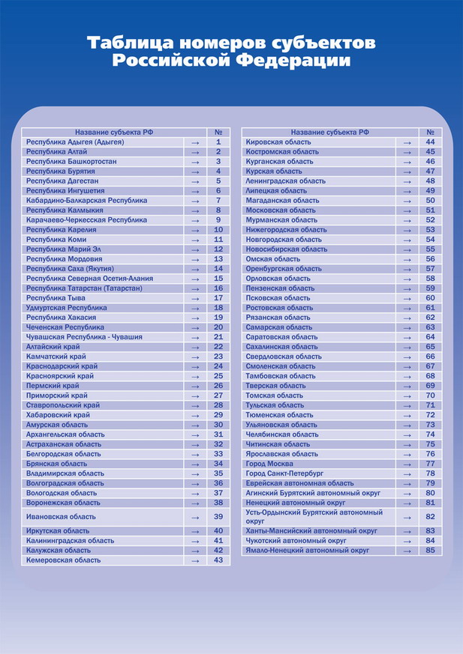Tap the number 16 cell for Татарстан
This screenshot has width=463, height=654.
(x=218, y=288)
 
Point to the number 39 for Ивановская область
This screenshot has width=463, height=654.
(x=218, y=517)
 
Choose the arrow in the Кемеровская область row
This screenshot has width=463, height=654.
(x=195, y=560)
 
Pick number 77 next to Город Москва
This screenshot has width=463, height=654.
(x=430, y=464)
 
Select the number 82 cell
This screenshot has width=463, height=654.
(x=430, y=517)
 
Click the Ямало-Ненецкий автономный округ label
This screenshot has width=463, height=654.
(x=308, y=551)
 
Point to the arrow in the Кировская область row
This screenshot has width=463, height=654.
(x=407, y=142)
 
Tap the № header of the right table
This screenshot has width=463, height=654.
(x=430, y=132)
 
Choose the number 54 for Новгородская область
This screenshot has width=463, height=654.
(x=430, y=240)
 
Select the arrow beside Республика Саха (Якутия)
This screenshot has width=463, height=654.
(x=195, y=269)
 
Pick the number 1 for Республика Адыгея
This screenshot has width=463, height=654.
(x=218, y=142)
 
